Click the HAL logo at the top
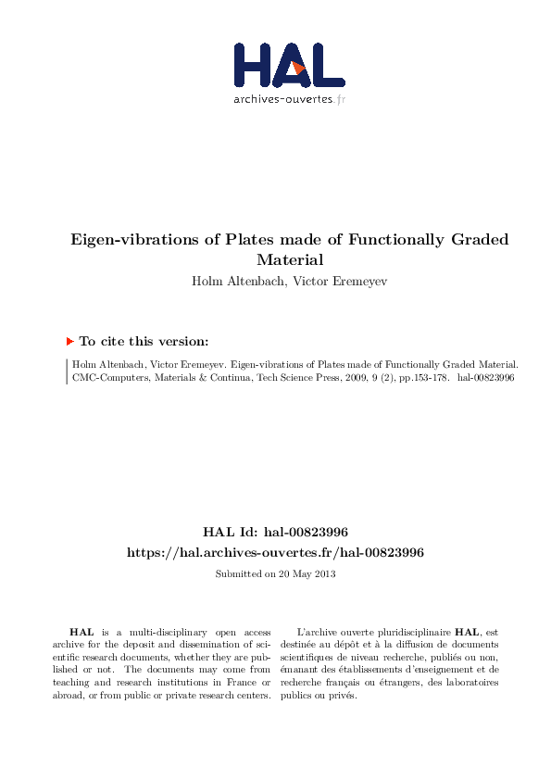288,65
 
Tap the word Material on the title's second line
290,260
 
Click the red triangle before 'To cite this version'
69,341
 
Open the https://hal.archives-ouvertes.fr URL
275,552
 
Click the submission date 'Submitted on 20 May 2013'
275,574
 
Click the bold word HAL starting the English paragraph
81,630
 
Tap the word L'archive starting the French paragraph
320,630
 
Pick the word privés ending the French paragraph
343,695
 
